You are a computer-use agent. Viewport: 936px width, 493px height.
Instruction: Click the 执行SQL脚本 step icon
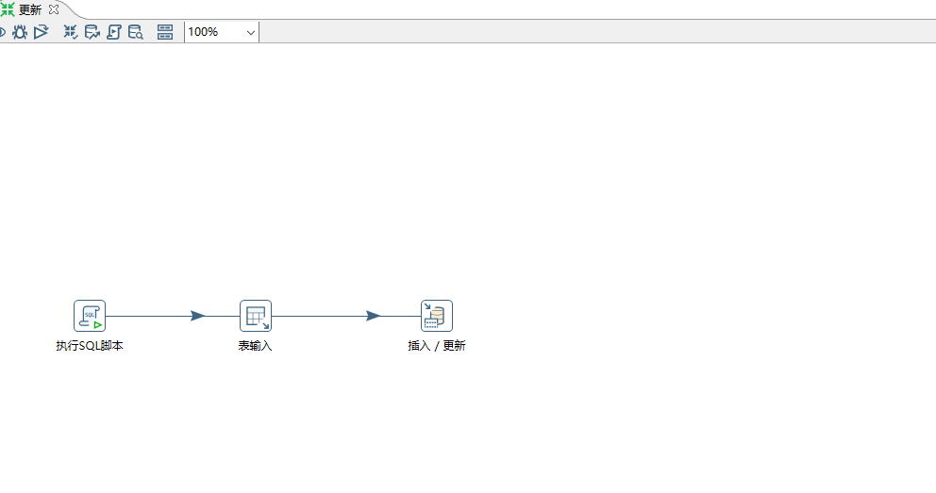(x=90, y=316)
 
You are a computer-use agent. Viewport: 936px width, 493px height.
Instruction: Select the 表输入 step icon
(x=255, y=316)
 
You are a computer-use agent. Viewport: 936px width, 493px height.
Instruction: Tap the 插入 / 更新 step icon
(x=436, y=316)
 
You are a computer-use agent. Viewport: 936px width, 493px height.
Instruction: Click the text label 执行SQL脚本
(x=90, y=346)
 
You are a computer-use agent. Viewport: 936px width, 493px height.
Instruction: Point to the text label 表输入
(x=255, y=346)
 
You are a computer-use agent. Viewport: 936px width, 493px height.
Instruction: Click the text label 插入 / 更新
(x=436, y=346)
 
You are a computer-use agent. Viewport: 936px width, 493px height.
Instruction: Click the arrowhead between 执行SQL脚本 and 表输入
(x=197, y=316)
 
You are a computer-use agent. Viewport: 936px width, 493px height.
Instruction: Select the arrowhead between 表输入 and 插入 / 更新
(x=374, y=316)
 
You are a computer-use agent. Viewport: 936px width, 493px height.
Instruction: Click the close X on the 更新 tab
(x=54, y=8)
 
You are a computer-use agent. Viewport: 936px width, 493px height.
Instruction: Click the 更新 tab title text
(x=30, y=9)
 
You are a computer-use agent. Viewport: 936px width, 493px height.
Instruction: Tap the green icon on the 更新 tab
(x=8, y=8)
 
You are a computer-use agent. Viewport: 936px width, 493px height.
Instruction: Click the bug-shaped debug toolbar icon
(x=20, y=32)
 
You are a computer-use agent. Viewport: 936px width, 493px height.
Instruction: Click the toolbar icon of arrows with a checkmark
(x=71, y=32)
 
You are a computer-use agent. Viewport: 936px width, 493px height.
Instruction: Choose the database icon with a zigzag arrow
(x=92, y=32)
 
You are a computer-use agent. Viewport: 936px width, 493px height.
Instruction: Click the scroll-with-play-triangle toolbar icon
(x=114, y=32)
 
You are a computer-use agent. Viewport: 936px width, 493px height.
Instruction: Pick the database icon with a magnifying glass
(x=136, y=32)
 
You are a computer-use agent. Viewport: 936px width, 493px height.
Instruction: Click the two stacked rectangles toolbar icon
(x=165, y=32)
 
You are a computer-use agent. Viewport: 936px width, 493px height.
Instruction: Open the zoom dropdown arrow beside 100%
(x=250, y=32)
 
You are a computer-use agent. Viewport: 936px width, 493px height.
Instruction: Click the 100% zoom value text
(x=203, y=32)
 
